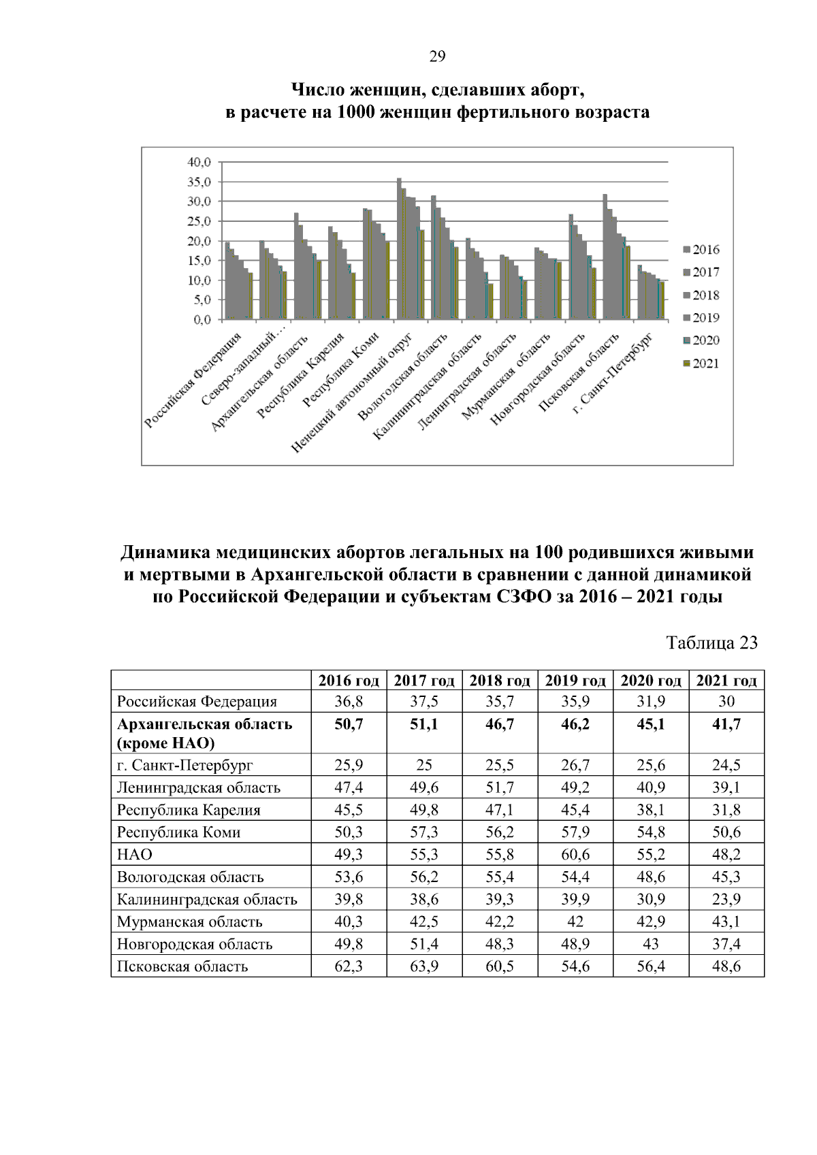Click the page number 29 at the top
[437, 57]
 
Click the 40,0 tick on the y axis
[199, 162]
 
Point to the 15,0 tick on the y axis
[199, 261]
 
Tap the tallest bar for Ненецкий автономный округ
[399, 248]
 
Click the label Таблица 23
[712, 643]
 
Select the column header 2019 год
[575, 681]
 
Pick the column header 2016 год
[349, 681]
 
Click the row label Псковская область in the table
[182, 966]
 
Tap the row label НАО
[135, 855]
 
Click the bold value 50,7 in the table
[349, 724]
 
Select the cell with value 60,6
[575, 855]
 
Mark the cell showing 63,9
[424, 966]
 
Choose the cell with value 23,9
[726, 900]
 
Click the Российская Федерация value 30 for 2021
[726, 702]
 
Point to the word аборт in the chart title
[556, 90]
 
